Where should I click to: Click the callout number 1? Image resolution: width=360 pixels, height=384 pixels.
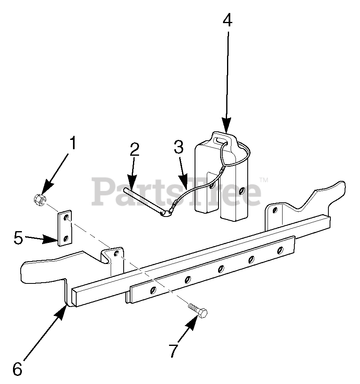73,144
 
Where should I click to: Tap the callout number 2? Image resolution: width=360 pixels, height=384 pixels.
135,150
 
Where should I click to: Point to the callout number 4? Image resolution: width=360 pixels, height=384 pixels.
227,20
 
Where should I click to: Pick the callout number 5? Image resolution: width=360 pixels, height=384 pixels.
19,238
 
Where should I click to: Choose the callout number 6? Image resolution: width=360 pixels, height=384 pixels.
17,369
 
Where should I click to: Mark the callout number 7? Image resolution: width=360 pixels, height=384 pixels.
174,350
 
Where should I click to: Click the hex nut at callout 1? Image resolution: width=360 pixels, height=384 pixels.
40,199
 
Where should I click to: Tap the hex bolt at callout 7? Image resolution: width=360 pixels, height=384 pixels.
198,312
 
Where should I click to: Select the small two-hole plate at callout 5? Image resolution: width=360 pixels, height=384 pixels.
65,228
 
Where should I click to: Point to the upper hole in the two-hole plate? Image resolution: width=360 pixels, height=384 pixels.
66,219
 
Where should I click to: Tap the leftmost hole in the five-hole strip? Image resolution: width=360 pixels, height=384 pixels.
152,290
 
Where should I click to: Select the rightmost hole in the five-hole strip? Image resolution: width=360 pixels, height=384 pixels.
279,250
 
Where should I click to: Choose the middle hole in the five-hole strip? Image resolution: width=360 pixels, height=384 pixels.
221,268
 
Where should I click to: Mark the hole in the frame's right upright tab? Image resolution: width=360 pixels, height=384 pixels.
275,210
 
